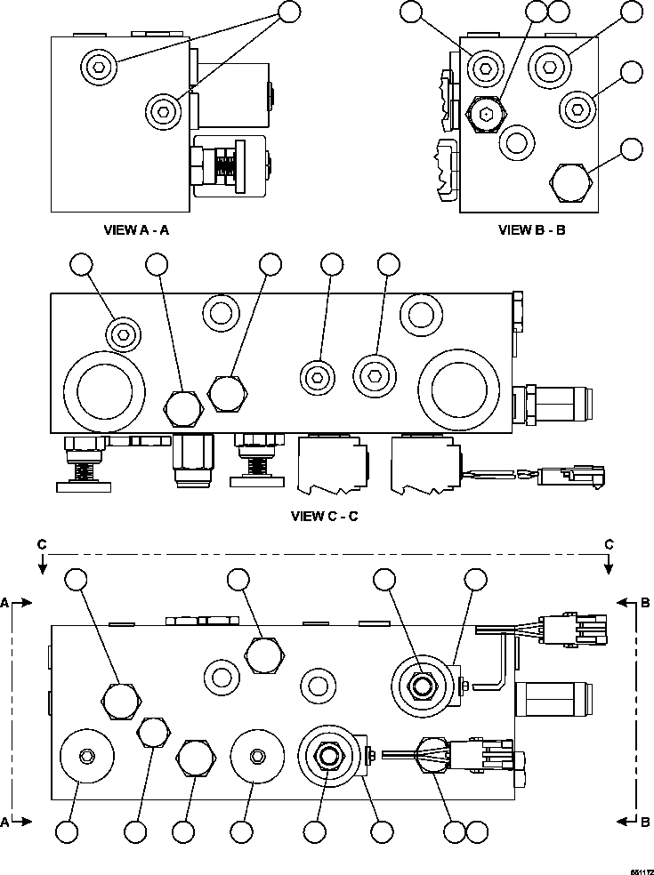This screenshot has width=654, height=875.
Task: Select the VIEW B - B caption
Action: [x=531, y=229]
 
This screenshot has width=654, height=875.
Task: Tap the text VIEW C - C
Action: [x=324, y=516]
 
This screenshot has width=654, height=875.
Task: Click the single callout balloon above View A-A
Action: [x=289, y=12]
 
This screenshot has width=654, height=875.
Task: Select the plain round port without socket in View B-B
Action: [x=515, y=140]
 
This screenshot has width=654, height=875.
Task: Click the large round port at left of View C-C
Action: [x=105, y=389]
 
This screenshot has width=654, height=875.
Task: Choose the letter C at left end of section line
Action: [x=41, y=543]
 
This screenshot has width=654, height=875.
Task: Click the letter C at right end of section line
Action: [x=609, y=543]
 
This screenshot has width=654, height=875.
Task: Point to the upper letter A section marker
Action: [x=5, y=603]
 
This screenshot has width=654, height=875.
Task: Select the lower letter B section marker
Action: [x=645, y=822]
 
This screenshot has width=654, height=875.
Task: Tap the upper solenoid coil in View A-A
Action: [x=233, y=94]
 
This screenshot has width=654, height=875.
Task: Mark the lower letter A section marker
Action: [x=5, y=822]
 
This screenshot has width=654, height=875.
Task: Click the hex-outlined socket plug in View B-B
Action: [x=486, y=113]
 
